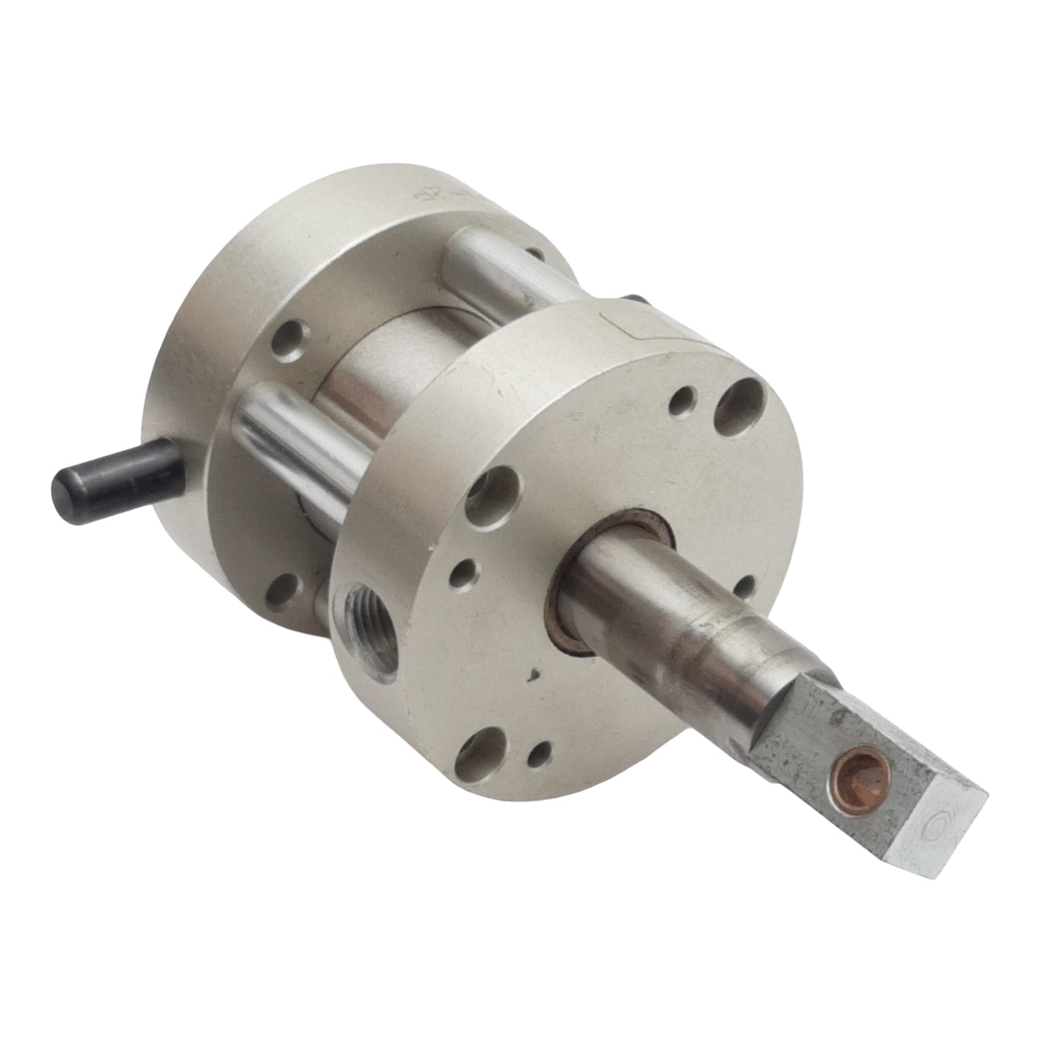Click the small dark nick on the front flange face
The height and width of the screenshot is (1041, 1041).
[x=534, y=674]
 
